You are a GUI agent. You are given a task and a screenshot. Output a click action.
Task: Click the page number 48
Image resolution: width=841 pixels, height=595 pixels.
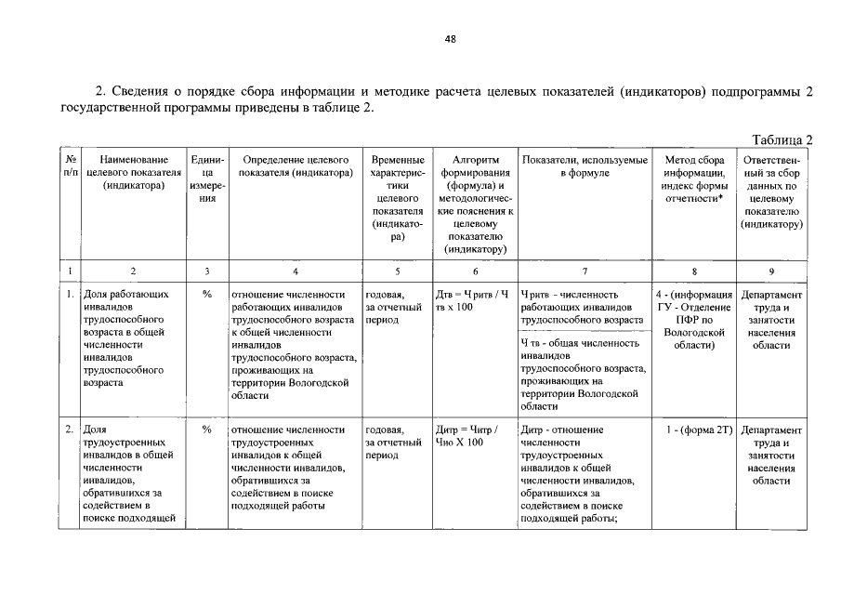pyautogui.click(x=451, y=39)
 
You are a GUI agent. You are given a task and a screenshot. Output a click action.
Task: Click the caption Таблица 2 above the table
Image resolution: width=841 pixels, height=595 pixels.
pyautogui.click(x=782, y=140)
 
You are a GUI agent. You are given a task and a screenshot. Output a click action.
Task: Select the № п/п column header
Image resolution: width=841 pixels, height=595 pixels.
pyautogui.click(x=70, y=166)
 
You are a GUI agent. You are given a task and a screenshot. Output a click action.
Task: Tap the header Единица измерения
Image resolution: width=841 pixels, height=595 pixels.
pyautogui.click(x=206, y=179)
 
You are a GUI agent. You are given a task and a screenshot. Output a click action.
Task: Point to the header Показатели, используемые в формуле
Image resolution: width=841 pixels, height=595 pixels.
pyautogui.click(x=585, y=166)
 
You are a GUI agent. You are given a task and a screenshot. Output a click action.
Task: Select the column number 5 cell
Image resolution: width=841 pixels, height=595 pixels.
pyautogui.click(x=398, y=271)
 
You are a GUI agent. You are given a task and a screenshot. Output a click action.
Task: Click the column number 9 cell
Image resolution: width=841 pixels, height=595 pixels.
pyautogui.click(x=771, y=271)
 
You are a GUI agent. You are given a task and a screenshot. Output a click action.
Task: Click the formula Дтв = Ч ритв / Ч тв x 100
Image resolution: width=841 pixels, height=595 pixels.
pyautogui.click(x=473, y=301)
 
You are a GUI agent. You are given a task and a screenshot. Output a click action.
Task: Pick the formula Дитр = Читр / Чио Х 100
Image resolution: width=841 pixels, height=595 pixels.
pyautogui.click(x=466, y=436)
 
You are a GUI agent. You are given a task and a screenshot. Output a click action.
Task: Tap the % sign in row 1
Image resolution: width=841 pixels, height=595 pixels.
pyautogui.click(x=206, y=295)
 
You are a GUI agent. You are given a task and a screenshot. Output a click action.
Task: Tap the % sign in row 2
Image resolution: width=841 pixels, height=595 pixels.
pyautogui.click(x=206, y=430)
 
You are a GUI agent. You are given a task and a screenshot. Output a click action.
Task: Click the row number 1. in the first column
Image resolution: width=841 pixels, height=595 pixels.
pyautogui.click(x=70, y=295)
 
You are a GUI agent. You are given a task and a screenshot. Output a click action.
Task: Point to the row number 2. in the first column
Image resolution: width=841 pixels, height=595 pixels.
pyautogui.click(x=70, y=430)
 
